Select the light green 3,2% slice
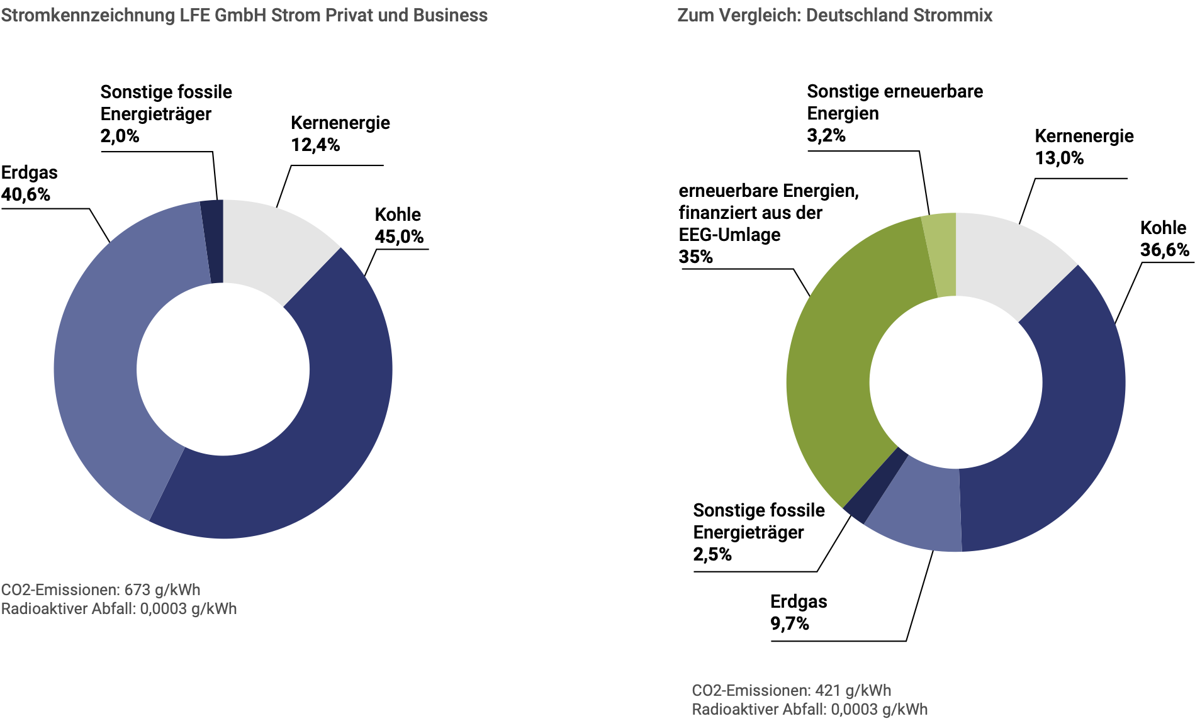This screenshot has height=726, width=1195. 941,255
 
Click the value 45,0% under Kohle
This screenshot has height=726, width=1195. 399,237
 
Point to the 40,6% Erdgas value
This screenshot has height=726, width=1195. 26,194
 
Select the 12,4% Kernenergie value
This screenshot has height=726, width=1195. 315,145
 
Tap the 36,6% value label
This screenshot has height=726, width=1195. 1165,250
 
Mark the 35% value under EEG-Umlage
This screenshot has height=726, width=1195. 695,257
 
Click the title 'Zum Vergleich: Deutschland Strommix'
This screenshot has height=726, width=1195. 834,15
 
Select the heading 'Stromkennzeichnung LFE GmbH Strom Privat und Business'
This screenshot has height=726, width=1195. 244,15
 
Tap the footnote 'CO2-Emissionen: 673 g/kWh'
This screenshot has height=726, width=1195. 101,589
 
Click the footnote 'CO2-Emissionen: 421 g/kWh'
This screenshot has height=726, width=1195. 791,690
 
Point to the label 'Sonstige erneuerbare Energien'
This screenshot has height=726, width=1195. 894,102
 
